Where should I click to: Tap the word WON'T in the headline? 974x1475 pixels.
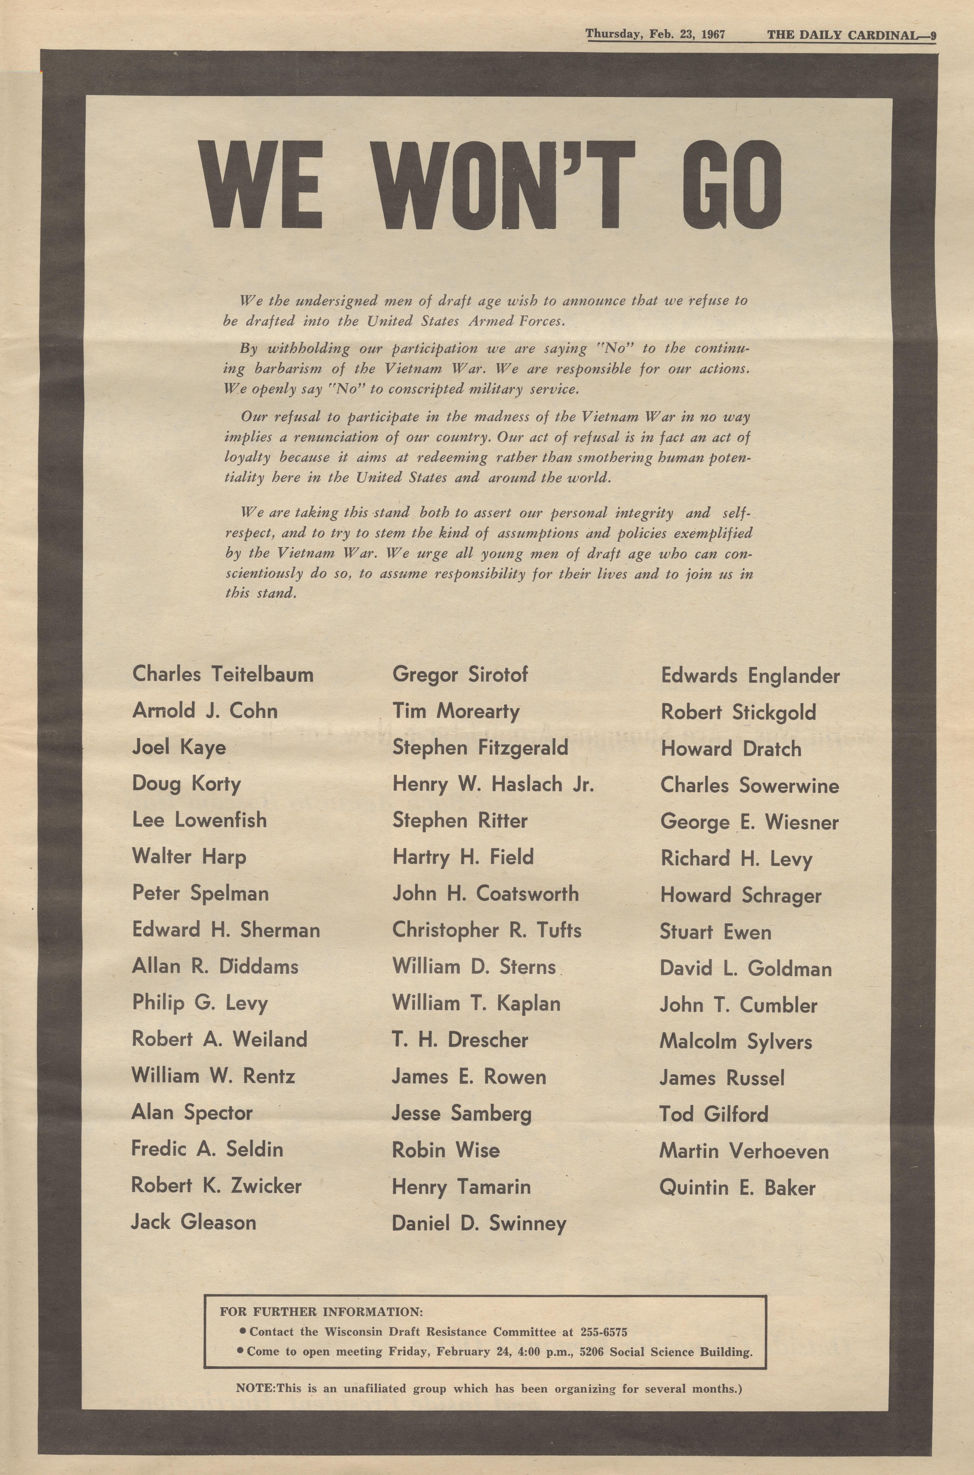[x=506, y=185]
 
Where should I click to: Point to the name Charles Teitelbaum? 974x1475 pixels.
[x=222, y=675]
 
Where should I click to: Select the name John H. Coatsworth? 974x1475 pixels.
[x=485, y=894]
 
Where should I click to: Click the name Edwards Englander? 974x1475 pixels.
[x=750, y=676]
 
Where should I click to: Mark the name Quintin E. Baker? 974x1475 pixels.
[x=737, y=1188]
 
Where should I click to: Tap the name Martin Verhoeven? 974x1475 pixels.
[x=743, y=1151]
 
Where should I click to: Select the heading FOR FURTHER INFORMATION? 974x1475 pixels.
[x=321, y=1312]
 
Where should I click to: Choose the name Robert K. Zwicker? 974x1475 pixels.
[x=216, y=1185]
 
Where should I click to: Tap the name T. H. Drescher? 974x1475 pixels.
[x=460, y=1040]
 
